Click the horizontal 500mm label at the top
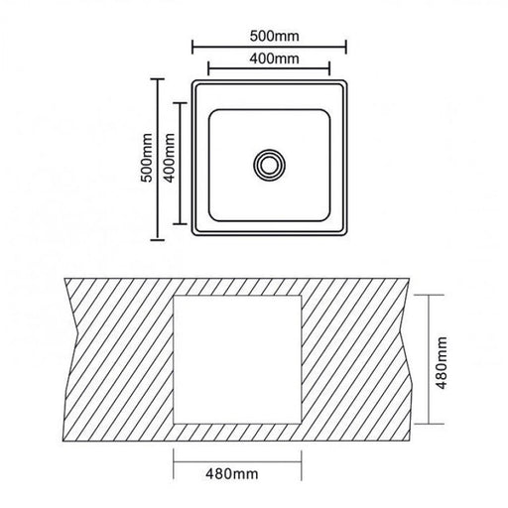tap(274, 36)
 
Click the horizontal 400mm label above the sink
tap(274, 59)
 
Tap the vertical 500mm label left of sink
tap(147, 158)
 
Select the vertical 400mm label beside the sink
tap(170, 158)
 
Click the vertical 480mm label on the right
tap(442, 363)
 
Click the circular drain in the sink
tap(270, 166)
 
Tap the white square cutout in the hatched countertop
tap(237, 359)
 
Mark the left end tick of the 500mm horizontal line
tap(192, 47)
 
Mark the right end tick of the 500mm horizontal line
tap(346, 47)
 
